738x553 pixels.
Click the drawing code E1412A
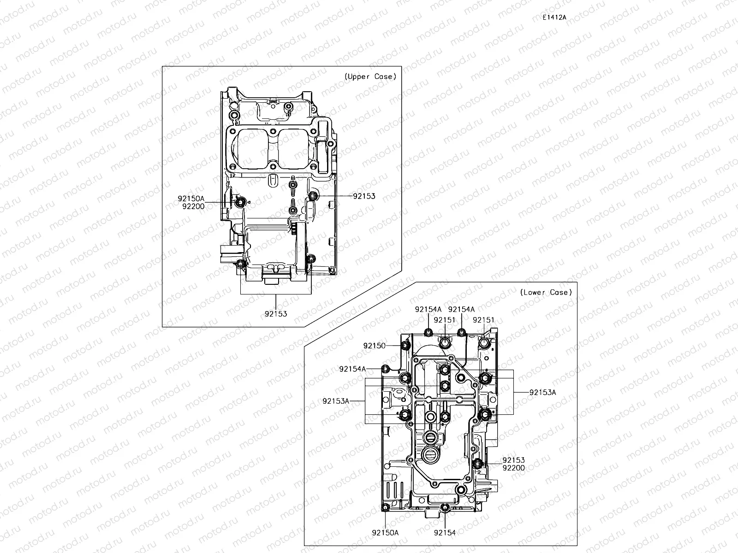(554, 18)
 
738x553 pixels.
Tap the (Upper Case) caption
(370, 76)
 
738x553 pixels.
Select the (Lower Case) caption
(546, 292)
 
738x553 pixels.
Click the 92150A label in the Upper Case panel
(191, 199)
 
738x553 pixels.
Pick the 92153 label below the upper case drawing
(276, 314)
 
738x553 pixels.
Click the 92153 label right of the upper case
(364, 196)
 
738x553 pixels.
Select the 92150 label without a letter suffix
(374, 345)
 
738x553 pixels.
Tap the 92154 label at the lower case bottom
(445, 532)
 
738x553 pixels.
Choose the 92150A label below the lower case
(385, 532)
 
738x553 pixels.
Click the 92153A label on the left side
(336, 401)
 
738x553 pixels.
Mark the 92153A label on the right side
(542, 392)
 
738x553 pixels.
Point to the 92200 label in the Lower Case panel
(513, 468)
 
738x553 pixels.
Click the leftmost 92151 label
(445, 320)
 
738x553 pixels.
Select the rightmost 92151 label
(483, 320)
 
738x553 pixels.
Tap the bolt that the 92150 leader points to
(405, 346)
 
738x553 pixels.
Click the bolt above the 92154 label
(445, 508)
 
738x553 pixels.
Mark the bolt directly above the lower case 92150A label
(386, 508)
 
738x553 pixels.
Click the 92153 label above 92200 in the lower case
(513, 460)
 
